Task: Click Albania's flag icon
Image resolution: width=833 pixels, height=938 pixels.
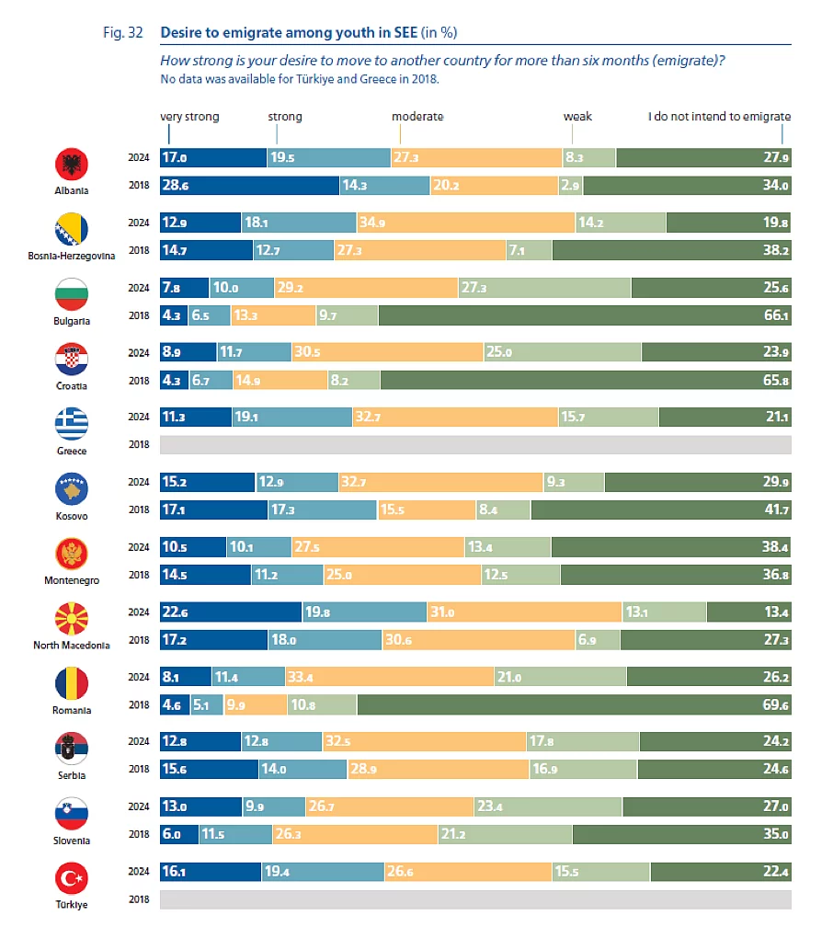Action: point(72,166)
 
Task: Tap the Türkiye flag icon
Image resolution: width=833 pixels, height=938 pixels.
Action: point(72,879)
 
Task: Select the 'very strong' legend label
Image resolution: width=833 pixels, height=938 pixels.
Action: point(189,117)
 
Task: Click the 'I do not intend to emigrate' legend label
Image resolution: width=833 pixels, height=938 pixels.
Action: point(719,117)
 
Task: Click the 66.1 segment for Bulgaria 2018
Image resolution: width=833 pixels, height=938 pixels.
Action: point(584,315)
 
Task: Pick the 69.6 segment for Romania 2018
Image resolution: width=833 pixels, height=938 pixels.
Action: point(574,704)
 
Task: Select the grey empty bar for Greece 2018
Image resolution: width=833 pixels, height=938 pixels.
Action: point(475,445)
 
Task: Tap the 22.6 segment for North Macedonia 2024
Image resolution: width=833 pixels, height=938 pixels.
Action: point(231,612)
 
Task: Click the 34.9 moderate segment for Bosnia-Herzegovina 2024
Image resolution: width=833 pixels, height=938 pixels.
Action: point(465,223)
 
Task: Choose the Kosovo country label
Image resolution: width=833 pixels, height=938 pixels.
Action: point(72,516)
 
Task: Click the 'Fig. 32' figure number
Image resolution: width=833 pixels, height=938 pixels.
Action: point(122,32)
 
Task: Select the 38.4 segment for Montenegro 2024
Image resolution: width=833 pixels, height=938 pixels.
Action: point(671,547)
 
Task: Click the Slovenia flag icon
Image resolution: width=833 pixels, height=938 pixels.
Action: point(72,814)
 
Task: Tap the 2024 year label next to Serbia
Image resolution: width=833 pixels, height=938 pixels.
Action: point(139,741)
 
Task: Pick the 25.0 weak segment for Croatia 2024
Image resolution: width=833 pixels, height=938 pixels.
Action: point(563,352)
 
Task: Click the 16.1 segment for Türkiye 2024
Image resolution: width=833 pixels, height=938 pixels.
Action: point(211,871)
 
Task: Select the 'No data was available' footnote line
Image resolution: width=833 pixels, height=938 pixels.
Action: point(300,79)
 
